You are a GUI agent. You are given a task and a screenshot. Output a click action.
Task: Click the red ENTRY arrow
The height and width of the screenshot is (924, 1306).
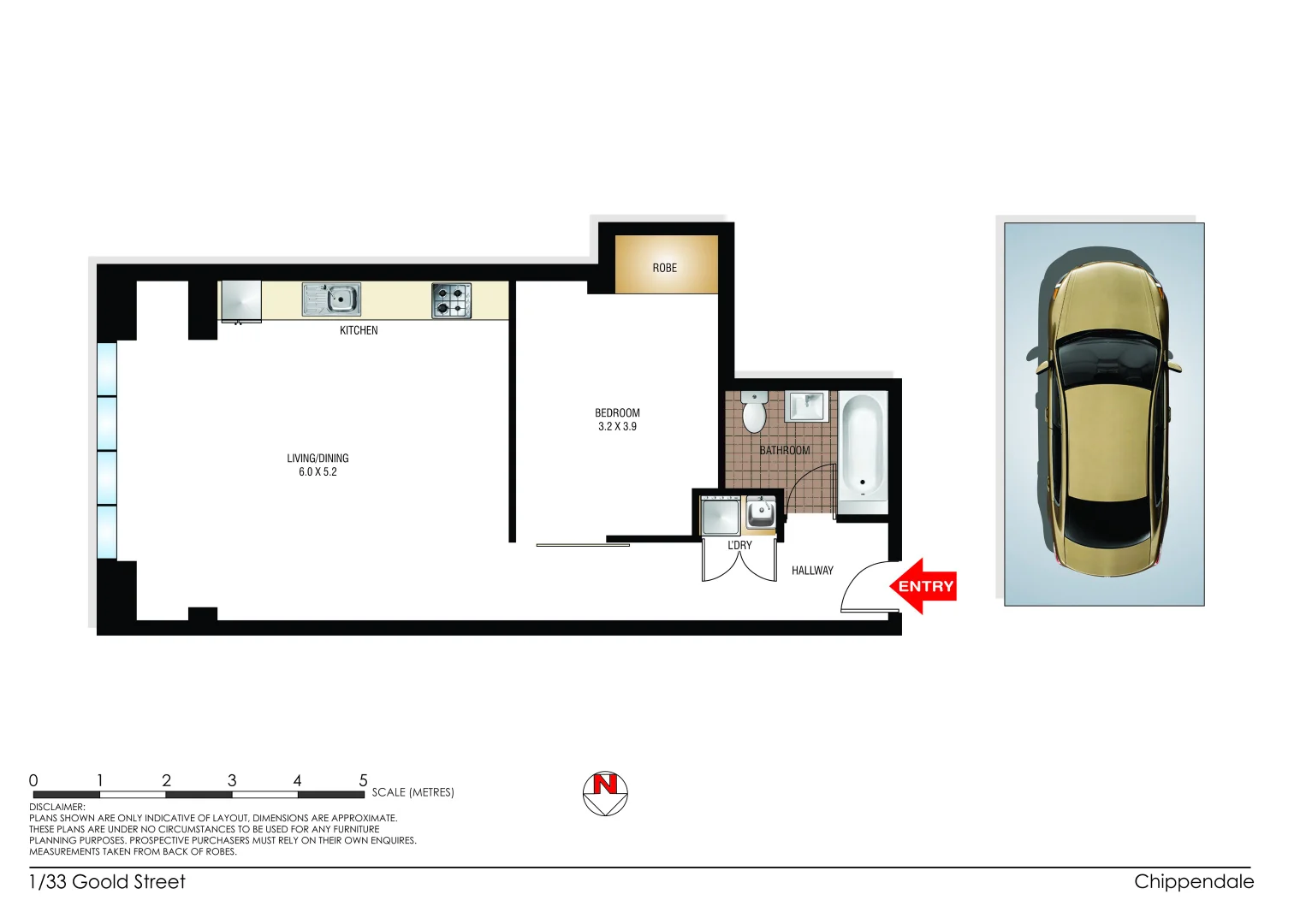923,586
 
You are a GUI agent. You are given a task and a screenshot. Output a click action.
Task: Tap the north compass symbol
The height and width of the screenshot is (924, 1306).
605,793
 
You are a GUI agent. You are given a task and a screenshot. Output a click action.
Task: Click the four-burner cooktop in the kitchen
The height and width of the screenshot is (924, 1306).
451,300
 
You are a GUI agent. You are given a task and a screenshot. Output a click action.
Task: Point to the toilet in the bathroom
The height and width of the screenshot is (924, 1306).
754,412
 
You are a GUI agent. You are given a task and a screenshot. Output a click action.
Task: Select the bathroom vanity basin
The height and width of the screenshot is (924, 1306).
805,406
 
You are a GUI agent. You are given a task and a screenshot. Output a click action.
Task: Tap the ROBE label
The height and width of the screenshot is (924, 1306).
664,268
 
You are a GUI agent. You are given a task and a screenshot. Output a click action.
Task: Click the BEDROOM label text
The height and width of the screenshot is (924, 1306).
617,412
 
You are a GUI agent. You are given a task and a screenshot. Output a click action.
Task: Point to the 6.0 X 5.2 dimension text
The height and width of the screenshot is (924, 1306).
318,472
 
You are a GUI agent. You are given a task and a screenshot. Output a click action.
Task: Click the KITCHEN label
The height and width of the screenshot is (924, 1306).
359,330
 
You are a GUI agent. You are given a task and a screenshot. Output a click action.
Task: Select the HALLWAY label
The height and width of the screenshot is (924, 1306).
812,571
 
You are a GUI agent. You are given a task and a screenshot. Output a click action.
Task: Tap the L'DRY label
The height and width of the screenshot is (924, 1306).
739,545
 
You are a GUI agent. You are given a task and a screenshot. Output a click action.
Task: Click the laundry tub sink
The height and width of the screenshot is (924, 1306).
760,513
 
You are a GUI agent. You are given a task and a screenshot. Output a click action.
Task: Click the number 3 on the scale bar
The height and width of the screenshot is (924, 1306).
232,780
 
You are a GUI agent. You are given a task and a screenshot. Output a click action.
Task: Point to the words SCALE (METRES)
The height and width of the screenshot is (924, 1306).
413,792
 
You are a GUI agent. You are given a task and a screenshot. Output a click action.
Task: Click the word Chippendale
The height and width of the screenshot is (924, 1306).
1194,881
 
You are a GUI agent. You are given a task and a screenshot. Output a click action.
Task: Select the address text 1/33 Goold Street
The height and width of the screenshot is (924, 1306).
107,881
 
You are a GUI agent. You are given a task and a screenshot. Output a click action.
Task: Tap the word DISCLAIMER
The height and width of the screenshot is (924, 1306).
57,807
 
